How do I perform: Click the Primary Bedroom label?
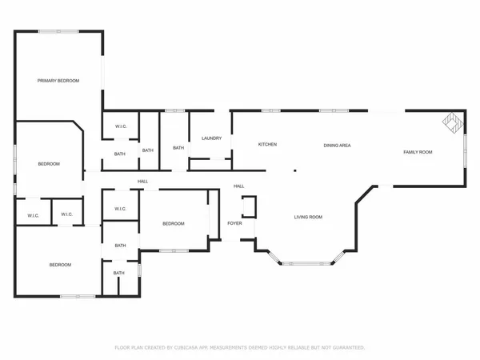(x=58, y=81)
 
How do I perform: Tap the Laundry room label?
(x=211, y=138)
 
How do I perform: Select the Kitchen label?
(x=267, y=145)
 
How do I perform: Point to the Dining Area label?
(x=337, y=145)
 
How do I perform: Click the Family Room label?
(x=418, y=152)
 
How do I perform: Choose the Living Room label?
(x=308, y=217)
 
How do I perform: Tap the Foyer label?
(x=234, y=223)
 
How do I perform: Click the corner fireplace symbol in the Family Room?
(x=453, y=122)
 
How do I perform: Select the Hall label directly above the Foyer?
(x=238, y=186)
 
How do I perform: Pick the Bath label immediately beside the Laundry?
(x=178, y=148)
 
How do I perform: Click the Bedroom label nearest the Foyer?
(x=174, y=223)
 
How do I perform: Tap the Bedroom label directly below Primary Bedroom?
(x=49, y=164)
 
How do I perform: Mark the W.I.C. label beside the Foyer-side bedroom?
(x=120, y=210)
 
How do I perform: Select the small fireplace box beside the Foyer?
(x=250, y=207)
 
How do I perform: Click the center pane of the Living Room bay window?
(x=305, y=262)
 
